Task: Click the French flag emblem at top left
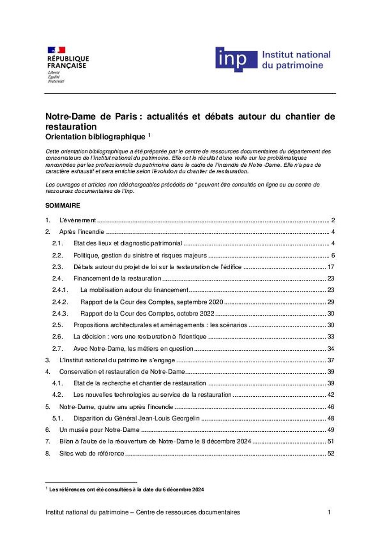tap(56, 50)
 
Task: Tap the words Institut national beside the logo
tap(296, 55)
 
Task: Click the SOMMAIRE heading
tap(63, 206)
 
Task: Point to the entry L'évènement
tap(78, 220)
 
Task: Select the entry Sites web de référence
tap(91, 453)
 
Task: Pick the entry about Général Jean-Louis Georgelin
tap(136, 418)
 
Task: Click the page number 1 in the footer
tap(329, 512)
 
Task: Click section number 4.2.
tap(56, 395)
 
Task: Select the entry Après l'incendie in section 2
tap(82, 232)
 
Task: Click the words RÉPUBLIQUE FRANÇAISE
tap(68, 62)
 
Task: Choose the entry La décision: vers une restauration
tap(139, 337)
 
